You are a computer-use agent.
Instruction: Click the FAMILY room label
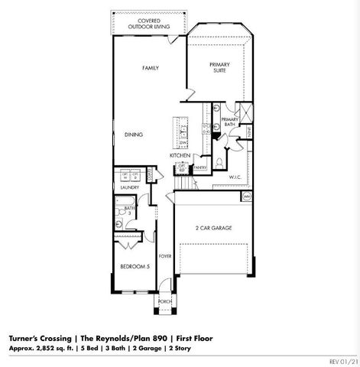pos(150,68)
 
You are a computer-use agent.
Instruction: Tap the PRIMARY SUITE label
pos(220,69)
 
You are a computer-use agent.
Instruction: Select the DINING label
pos(134,135)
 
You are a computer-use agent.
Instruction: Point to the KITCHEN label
pos(180,155)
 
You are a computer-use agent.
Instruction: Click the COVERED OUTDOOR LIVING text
pos(149,23)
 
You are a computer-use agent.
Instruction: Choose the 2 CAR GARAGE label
pos(213,228)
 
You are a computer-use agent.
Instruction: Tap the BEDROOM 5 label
pos(135,266)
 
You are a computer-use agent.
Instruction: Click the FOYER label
pos(164,257)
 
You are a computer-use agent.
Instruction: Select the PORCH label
pos(164,301)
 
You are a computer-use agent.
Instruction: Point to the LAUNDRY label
pos(128,187)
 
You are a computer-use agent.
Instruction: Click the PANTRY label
pos(200,167)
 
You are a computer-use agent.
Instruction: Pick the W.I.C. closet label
pos(235,177)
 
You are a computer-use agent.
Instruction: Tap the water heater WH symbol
pos(247,196)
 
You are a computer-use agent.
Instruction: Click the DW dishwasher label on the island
pos(183,142)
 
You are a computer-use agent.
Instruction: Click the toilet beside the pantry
pos(219,162)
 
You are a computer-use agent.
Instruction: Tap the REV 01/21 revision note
pos(342,361)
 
